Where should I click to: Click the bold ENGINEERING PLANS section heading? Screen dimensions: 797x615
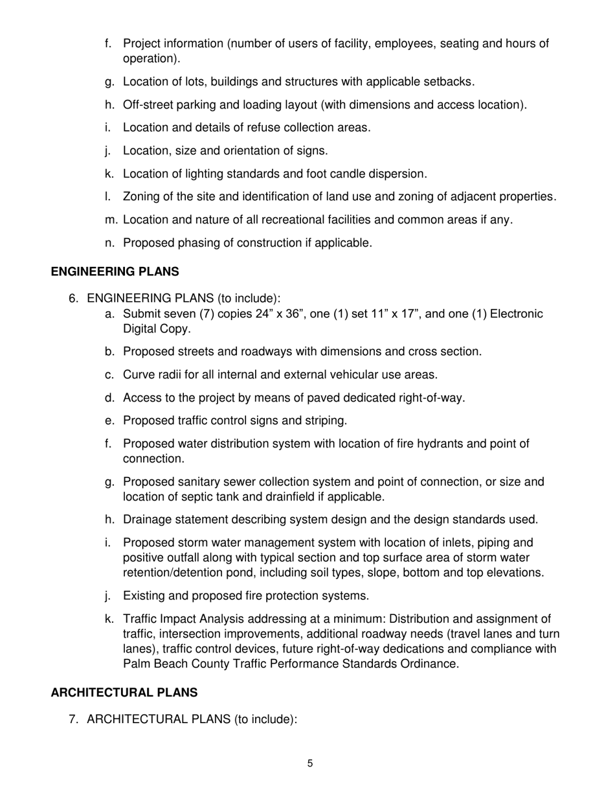(115, 271)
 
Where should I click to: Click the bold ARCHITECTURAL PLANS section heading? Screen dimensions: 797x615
(124, 693)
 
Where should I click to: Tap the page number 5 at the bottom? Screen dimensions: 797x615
(310, 763)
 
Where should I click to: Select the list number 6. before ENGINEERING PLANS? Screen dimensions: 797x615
(74, 298)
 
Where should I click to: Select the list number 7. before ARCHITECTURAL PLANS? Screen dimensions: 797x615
(74, 719)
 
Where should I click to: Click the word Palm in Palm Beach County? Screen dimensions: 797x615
(136, 664)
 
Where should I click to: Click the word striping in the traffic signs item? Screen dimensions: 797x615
(326, 421)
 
